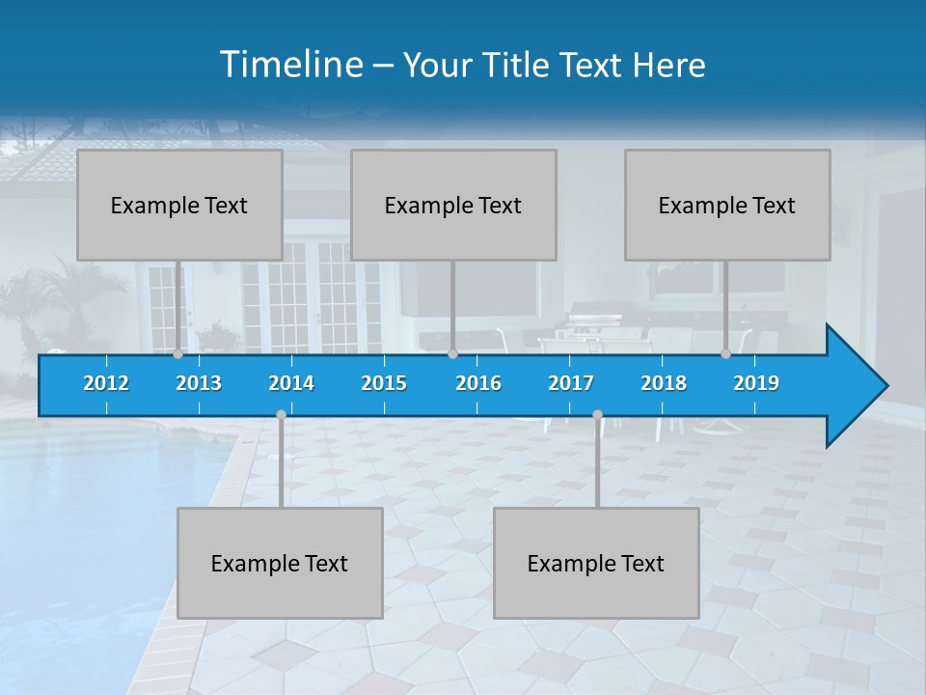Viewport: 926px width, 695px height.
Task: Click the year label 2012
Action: [106, 383]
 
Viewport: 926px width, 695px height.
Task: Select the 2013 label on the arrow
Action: [199, 383]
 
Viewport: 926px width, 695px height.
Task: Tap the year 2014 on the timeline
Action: [291, 383]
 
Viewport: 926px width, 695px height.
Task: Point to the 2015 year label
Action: [384, 383]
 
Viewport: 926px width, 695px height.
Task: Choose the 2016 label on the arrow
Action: [478, 383]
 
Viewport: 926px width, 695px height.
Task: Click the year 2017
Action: [571, 383]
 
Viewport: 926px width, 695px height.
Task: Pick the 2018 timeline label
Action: [664, 383]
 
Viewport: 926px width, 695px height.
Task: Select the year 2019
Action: [756, 383]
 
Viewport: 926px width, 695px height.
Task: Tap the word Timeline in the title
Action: [290, 65]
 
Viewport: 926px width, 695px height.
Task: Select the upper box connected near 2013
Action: [179, 205]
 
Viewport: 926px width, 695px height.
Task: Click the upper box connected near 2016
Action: [453, 205]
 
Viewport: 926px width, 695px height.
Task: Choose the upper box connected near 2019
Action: [727, 205]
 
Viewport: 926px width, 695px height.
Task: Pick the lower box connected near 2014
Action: [280, 563]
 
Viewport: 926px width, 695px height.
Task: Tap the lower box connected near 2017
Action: [596, 563]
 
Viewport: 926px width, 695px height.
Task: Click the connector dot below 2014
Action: [281, 414]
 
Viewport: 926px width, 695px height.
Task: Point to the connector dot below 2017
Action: [597, 414]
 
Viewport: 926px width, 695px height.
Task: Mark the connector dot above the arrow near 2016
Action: [452, 353]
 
